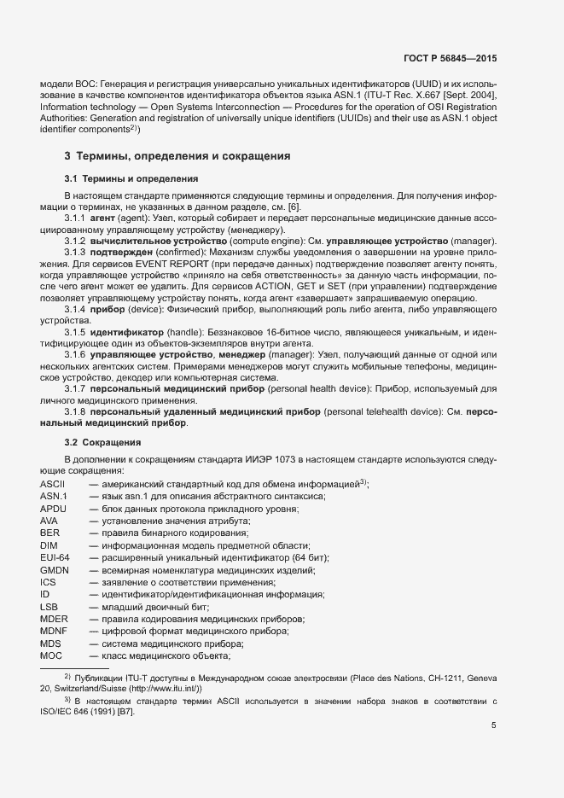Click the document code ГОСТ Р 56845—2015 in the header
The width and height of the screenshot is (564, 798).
(450, 58)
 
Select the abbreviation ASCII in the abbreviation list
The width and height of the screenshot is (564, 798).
(53, 483)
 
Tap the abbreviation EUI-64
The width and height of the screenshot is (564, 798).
(55, 556)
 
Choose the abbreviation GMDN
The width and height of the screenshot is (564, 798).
(54, 569)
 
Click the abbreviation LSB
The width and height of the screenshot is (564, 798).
(49, 606)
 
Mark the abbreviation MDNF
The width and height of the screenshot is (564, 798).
(54, 631)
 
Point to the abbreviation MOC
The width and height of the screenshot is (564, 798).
(51, 655)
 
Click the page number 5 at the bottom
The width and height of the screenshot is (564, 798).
(493, 725)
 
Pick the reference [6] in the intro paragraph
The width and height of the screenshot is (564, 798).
(292, 207)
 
